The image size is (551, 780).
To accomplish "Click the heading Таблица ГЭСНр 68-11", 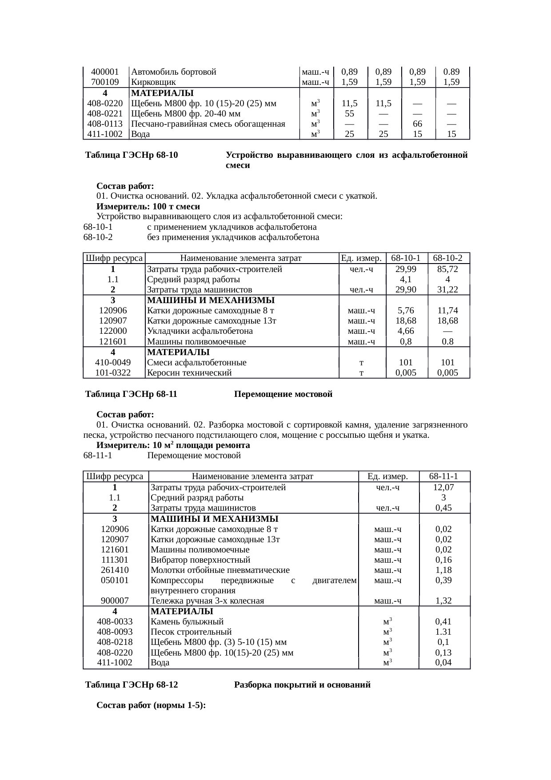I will coord(132,394).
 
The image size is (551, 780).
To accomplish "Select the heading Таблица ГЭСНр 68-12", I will coord(132,685).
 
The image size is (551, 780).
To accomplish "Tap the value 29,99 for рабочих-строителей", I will coord(406,269).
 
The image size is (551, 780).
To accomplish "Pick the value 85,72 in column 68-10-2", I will coord(447,269).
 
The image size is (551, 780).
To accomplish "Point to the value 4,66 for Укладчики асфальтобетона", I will coord(406,331).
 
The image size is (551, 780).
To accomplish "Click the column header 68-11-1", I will coord(444,476).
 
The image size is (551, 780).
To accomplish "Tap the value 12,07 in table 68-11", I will coord(443,488).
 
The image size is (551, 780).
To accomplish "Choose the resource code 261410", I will coord(115,570).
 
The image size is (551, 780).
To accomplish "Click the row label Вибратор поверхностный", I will coord(200,560).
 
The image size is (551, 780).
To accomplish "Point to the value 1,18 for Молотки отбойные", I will coord(443,570).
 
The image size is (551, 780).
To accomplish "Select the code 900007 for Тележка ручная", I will coord(115,601).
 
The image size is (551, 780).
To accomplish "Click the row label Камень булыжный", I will coord(187,622).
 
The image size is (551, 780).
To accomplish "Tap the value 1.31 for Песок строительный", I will coord(443,632).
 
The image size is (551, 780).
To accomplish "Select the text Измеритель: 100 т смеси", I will coord(148,207).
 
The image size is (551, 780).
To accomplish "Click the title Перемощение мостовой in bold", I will coord(283,394).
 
